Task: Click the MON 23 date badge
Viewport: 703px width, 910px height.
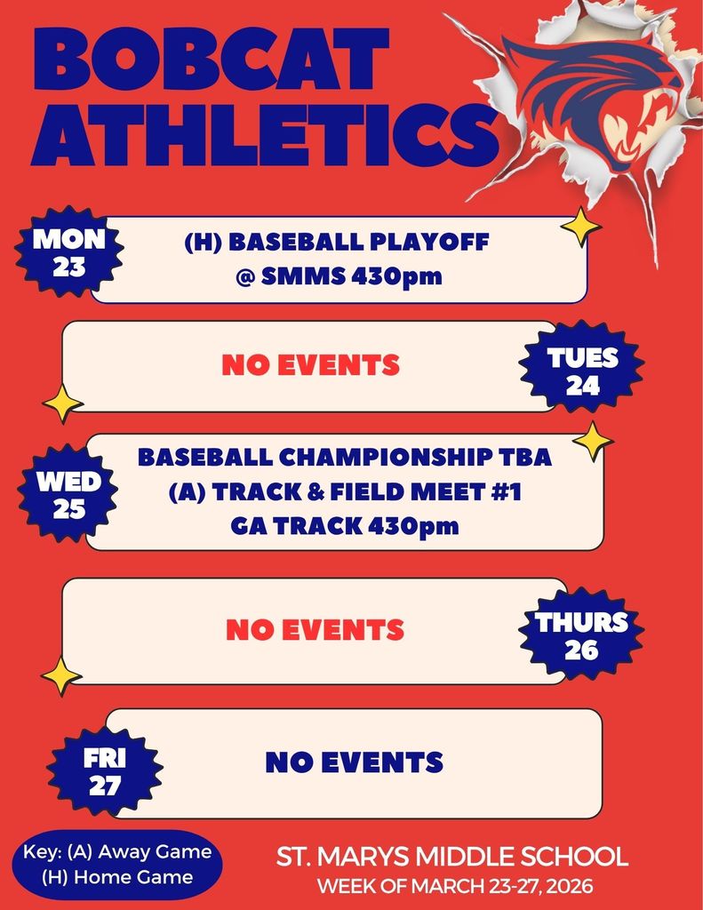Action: [68, 252]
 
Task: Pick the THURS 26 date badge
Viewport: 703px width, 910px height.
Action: [581, 635]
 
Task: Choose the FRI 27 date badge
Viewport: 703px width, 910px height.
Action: [105, 772]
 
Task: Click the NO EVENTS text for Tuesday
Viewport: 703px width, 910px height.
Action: [310, 364]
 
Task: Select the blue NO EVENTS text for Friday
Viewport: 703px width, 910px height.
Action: [354, 762]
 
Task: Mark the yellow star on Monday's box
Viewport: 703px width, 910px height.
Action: [581, 227]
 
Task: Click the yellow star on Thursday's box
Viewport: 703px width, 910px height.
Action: [61, 675]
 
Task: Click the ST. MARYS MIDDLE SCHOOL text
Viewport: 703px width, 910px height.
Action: [452, 858]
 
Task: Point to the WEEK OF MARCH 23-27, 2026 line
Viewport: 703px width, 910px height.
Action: [455, 887]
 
